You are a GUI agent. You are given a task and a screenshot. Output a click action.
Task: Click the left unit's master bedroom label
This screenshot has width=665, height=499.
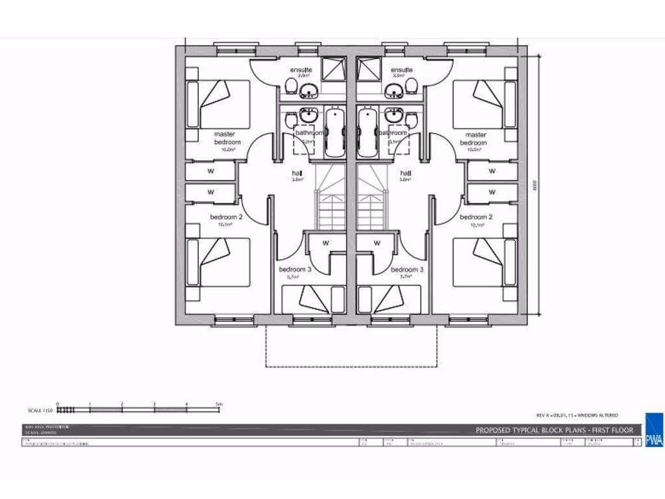[227, 138]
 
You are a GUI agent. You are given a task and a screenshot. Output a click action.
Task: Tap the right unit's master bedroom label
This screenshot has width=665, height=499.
[473, 138]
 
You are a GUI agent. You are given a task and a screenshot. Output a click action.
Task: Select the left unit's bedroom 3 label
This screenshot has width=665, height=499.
[295, 270]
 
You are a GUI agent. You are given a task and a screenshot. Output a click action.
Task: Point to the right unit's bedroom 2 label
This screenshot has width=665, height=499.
[476, 217]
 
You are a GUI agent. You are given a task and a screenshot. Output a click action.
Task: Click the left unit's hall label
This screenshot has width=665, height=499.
[297, 173]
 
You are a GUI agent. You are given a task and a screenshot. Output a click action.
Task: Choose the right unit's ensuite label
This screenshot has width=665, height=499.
[402, 70]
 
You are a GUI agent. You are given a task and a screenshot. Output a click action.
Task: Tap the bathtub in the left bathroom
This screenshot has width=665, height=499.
[334, 132]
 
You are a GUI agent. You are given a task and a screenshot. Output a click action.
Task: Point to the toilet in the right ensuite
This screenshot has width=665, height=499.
[410, 86]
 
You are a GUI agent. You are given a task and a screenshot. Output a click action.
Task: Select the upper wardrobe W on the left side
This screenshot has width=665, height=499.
[210, 172]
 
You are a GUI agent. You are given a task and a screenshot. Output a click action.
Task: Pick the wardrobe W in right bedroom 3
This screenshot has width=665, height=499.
[377, 244]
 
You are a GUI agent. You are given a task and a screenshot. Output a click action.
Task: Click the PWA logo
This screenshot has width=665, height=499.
[653, 430]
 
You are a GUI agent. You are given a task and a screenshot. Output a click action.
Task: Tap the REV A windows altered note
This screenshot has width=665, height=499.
[577, 415]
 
